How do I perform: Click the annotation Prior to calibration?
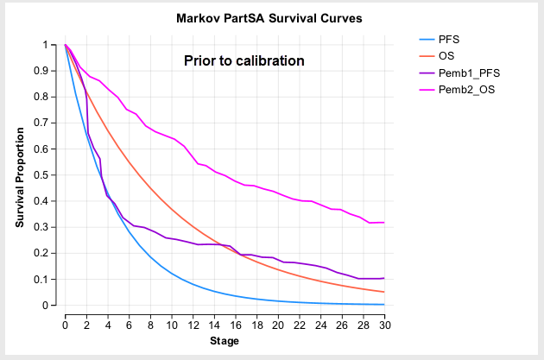pyautogui.click(x=244, y=61)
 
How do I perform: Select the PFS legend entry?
pyautogui.click(x=449, y=40)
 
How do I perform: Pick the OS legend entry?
pyautogui.click(x=446, y=56)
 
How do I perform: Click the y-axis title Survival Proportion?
pyautogui.click(x=20, y=174)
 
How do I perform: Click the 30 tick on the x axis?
pyautogui.click(x=384, y=324)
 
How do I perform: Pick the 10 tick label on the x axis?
pyautogui.click(x=172, y=324)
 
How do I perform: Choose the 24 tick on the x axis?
pyautogui.click(x=320, y=324)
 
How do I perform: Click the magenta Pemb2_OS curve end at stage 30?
pyautogui.click(x=384, y=223)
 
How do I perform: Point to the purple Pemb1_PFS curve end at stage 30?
pyautogui.click(x=384, y=278)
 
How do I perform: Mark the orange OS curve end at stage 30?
pyautogui.click(x=384, y=292)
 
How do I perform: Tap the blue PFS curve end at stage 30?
pyautogui.click(x=384, y=304)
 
